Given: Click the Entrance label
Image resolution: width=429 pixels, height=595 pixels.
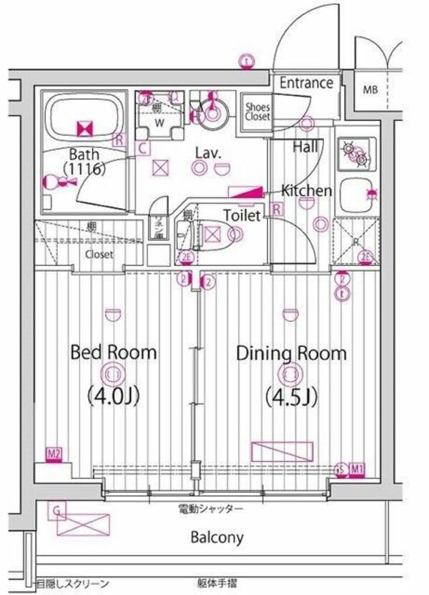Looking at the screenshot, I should pyautogui.click(x=306, y=83).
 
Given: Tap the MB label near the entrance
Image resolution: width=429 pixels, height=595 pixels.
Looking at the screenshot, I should pyautogui.click(x=369, y=90).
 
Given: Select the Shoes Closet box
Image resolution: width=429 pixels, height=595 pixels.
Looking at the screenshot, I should pyautogui.click(x=257, y=112).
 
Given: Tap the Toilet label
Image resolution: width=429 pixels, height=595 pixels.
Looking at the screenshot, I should pyautogui.click(x=242, y=215).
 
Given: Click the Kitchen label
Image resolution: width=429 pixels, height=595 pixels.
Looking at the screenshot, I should pyautogui.click(x=305, y=191).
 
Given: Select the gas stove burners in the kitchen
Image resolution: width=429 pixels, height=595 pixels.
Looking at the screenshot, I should pyautogui.click(x=355, y=151).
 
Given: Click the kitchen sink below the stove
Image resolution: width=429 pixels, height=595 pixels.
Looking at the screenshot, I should pyautogui.click(x=356, y=192).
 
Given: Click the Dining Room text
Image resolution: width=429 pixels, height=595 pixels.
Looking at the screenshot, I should pyautogui.click(x=291, y=353).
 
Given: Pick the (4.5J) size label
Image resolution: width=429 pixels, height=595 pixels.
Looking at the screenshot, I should pyautogui.click(x=291, y=394).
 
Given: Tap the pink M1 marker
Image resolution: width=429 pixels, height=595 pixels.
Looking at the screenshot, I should pyautogui.click(x=357, y=469).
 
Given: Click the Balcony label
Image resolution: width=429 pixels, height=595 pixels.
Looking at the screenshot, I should pyautogui.click(x=217, y=537).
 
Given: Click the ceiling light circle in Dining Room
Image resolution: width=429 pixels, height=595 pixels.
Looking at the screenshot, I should pyautogui.click(x=290, y=373).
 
